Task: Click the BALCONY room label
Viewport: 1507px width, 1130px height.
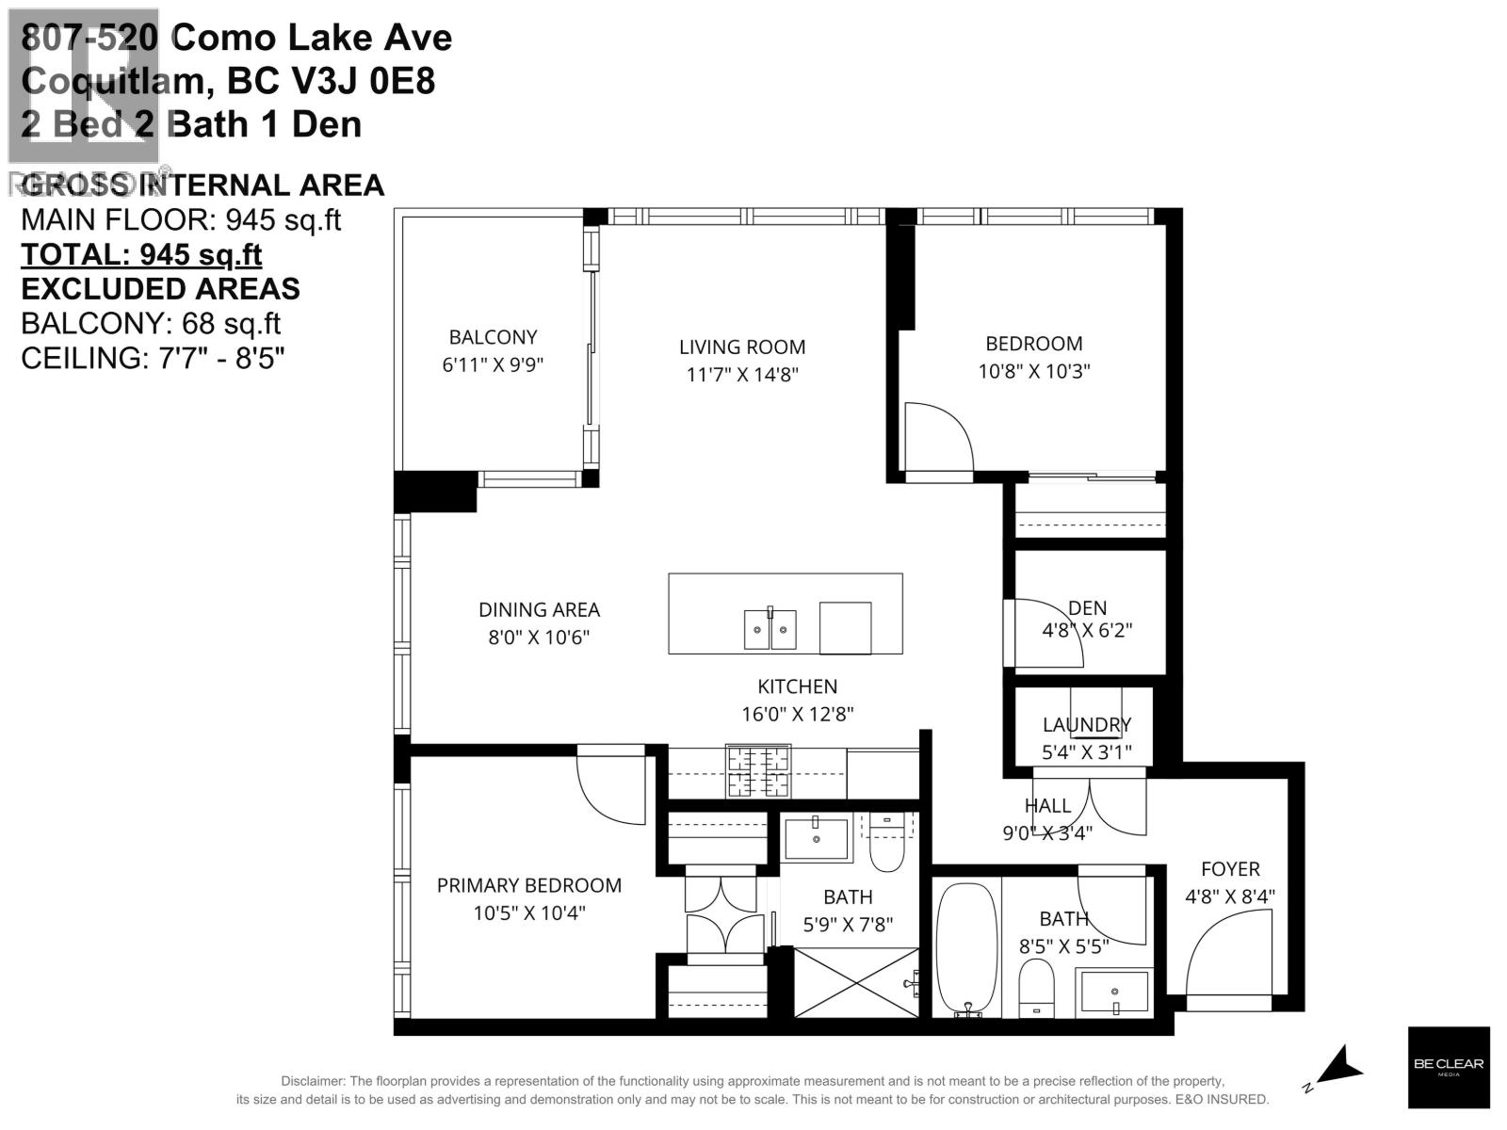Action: (x=493, y=337)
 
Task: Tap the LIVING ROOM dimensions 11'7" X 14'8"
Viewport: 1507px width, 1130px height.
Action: (x=742, y=374)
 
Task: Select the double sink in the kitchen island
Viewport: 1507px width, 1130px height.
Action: (x=770, y=629)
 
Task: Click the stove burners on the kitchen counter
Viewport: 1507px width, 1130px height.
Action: (x=757, y=769)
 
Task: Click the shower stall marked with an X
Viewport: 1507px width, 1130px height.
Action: (x=855, y=982)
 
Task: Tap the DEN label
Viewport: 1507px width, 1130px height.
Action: (x=1088, y=608)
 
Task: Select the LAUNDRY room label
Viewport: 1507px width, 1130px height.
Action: (x=1086, y=724)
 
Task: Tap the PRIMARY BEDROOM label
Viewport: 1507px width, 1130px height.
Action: (x=529, y=885)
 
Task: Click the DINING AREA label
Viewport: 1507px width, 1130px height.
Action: (x=539, y=609)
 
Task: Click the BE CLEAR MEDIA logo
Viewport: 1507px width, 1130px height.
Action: (x=1449, y=1067)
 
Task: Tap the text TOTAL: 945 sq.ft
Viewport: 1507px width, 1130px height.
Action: (x=141, y=254)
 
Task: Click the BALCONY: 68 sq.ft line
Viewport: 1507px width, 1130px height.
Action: (x=151, y=323)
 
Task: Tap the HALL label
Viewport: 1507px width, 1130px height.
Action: (x=1047, y=806)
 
